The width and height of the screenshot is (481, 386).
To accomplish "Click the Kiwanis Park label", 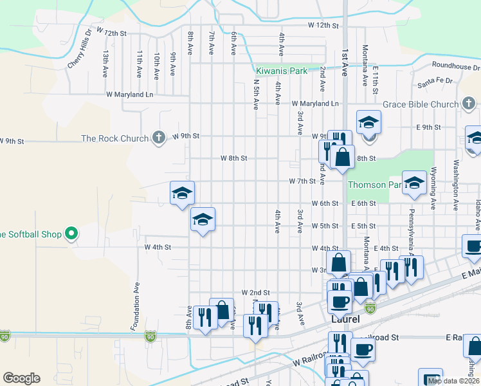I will pyautogui.click(x=282, y=71).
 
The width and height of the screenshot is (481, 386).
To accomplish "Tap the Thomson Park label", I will pyautogui.click(x=375, y=185).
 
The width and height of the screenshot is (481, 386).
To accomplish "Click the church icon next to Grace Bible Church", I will pyautogui.click(x=469, y=104).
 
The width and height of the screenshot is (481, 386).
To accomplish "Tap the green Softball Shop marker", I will pyautogui.click(x=72, y=234).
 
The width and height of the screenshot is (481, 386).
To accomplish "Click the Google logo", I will pyautogui.click(x=21, y=378).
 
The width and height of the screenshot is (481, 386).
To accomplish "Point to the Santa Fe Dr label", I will pyautogui.click(x=435, y=82).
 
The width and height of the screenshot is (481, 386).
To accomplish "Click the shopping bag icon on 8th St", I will pyautogui.click(x=343, y=156).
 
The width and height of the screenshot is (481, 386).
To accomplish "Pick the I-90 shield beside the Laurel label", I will pyautogui.click(x=370, y=308).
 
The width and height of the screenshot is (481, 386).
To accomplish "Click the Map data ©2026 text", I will pyautogui.click(x=453, y=380).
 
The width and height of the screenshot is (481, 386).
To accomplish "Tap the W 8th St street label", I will pyautogui.click(x=233, y=158).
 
